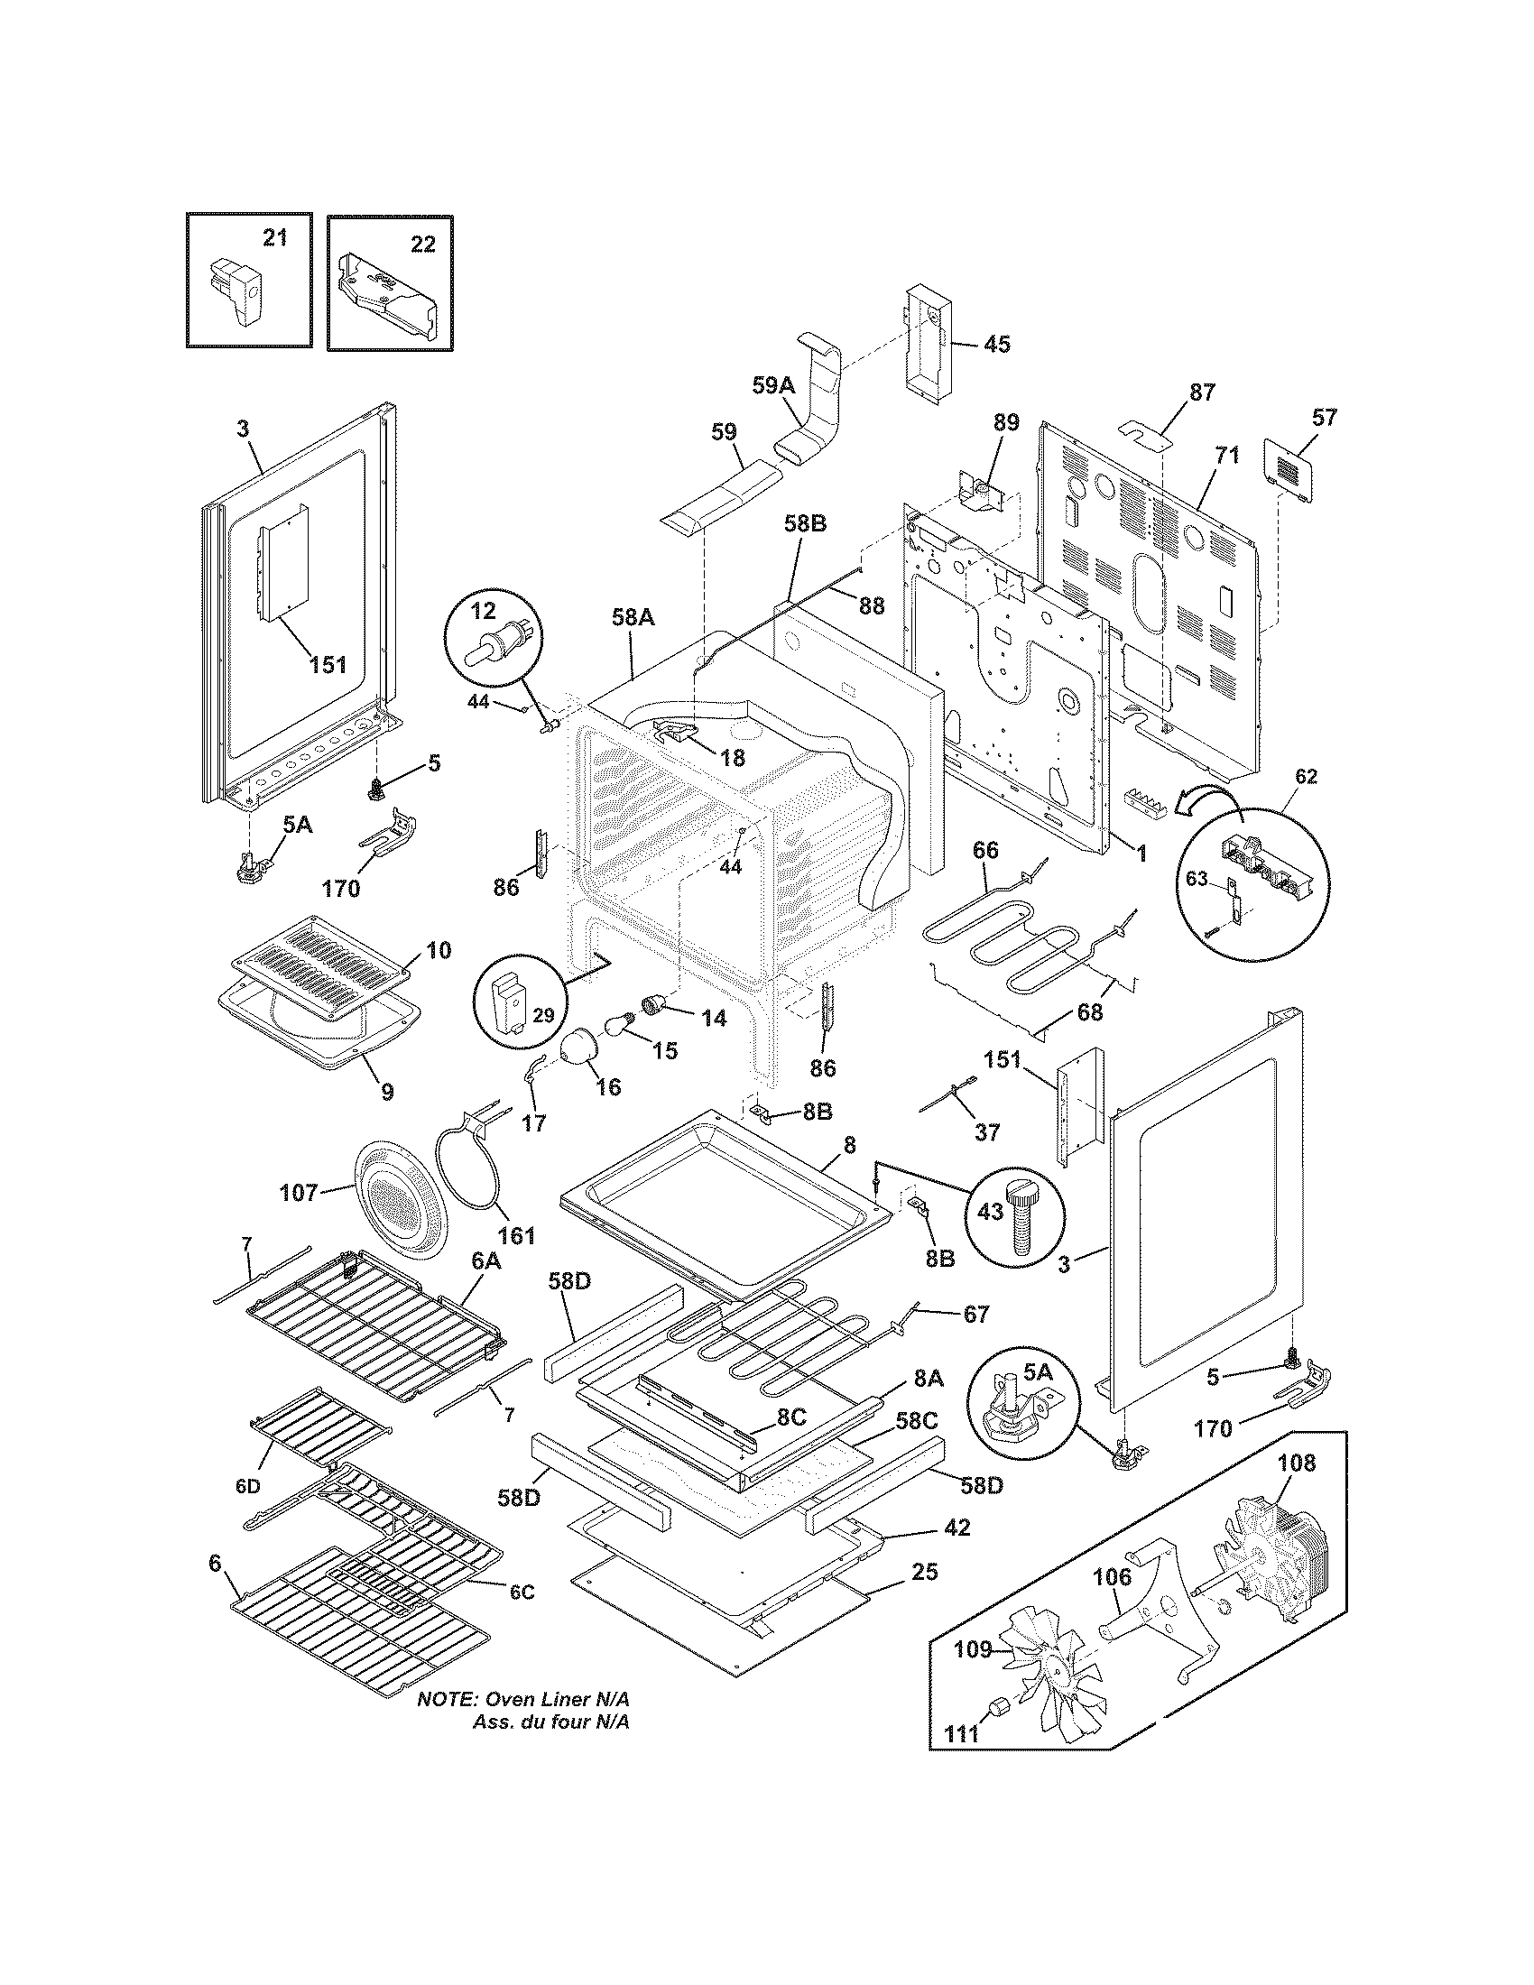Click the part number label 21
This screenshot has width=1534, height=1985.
274,238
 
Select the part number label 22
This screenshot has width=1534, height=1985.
422,244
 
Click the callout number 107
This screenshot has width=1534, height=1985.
299,1192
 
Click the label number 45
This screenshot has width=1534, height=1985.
997,345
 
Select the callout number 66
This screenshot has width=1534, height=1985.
985,850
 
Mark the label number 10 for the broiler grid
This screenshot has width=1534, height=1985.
438,951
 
